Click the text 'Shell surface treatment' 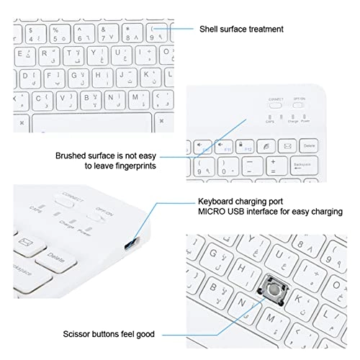coord(242,30)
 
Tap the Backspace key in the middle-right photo coord(305,166)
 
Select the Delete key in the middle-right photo coord(310,146)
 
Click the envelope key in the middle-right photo coord(287,146)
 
